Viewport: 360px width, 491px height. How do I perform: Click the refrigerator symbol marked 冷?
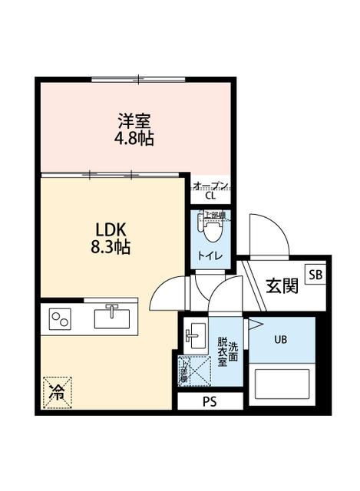(x=58, y=392)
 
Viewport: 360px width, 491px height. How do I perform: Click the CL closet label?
(x=210, y=196)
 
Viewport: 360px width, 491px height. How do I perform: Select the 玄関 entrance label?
(x=282, y=286)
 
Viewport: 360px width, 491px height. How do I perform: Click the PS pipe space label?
(x=210, y=401)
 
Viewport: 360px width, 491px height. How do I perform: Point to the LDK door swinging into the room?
(x=169, y=295)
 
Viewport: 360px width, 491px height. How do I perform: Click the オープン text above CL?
(x=210, y=185)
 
